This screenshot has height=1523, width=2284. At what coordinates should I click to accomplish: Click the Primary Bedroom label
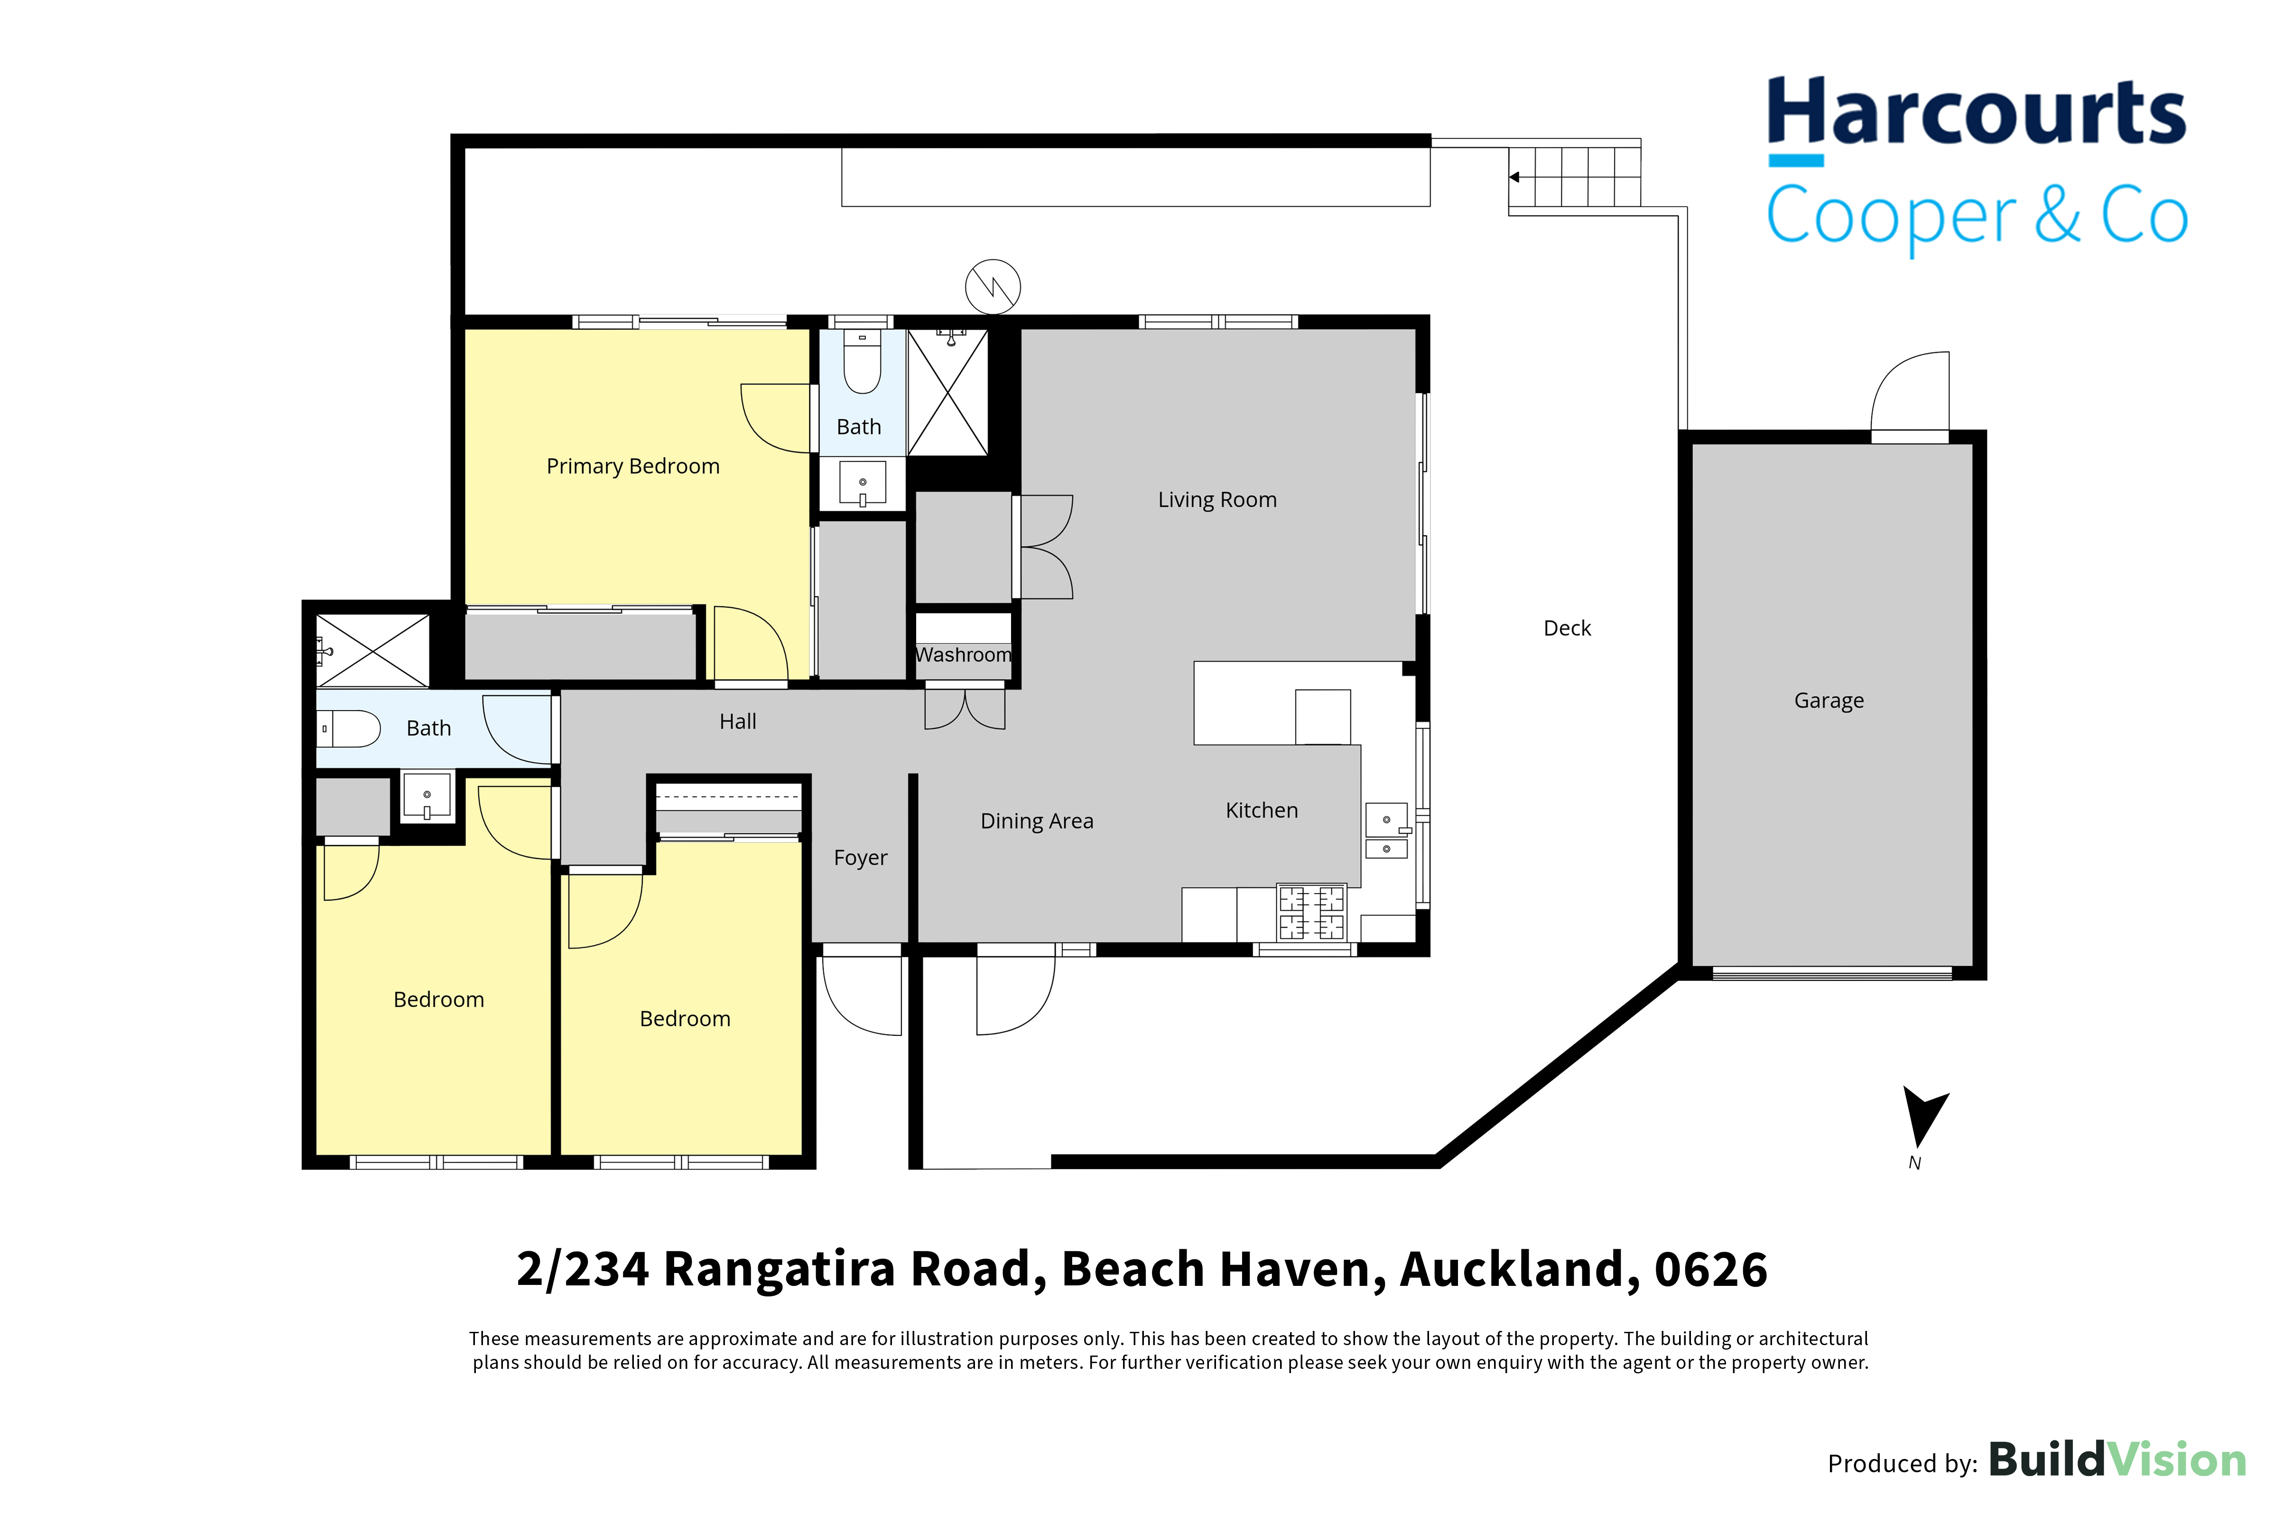633,466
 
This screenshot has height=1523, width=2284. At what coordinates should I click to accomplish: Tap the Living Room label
1217,499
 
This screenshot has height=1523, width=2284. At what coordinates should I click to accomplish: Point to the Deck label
1567,628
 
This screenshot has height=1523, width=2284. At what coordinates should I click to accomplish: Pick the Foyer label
861,858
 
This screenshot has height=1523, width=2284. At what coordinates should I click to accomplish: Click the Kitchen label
1262,810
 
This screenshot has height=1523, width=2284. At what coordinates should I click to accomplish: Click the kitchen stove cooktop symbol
1311,912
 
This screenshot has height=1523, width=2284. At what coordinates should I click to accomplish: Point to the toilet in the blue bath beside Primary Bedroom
862,361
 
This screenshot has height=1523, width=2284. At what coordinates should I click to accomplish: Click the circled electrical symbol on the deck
993,286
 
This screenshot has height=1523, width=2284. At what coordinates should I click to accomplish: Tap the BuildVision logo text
2118,1460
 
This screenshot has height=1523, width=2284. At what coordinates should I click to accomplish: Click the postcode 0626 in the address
1711,1270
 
